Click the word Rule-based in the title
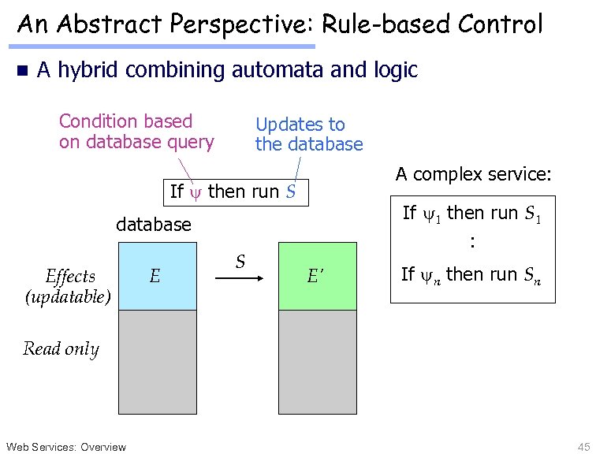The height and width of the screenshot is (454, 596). pyautogui.click(x=371, y=24)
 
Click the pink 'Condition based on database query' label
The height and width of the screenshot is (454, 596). pyautogui.click(x=136, y=132)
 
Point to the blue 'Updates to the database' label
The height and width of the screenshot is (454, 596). pyautogui.click(x=308, y=134)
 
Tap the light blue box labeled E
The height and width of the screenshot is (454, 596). pyautogui.click(x=157, y=276)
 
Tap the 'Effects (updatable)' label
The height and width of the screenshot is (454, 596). pyautogui.click(x=69, y=286)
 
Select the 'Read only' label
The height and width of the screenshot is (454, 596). pyautogui.click(x=61, y=348)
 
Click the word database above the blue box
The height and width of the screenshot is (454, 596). pyautogui.click(x=154, y=225)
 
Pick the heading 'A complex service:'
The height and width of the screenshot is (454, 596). pyautogui.click(x=473, y=173)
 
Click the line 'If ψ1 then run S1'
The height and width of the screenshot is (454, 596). pyautogui.click(x=471, y=214)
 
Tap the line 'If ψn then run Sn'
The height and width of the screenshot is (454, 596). pyautogui.click(x=471, y=275)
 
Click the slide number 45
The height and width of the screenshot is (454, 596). pyautogui.click(x=583, y=447)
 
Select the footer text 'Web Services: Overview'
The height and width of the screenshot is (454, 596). pyautogui.click(x=66, y=447)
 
